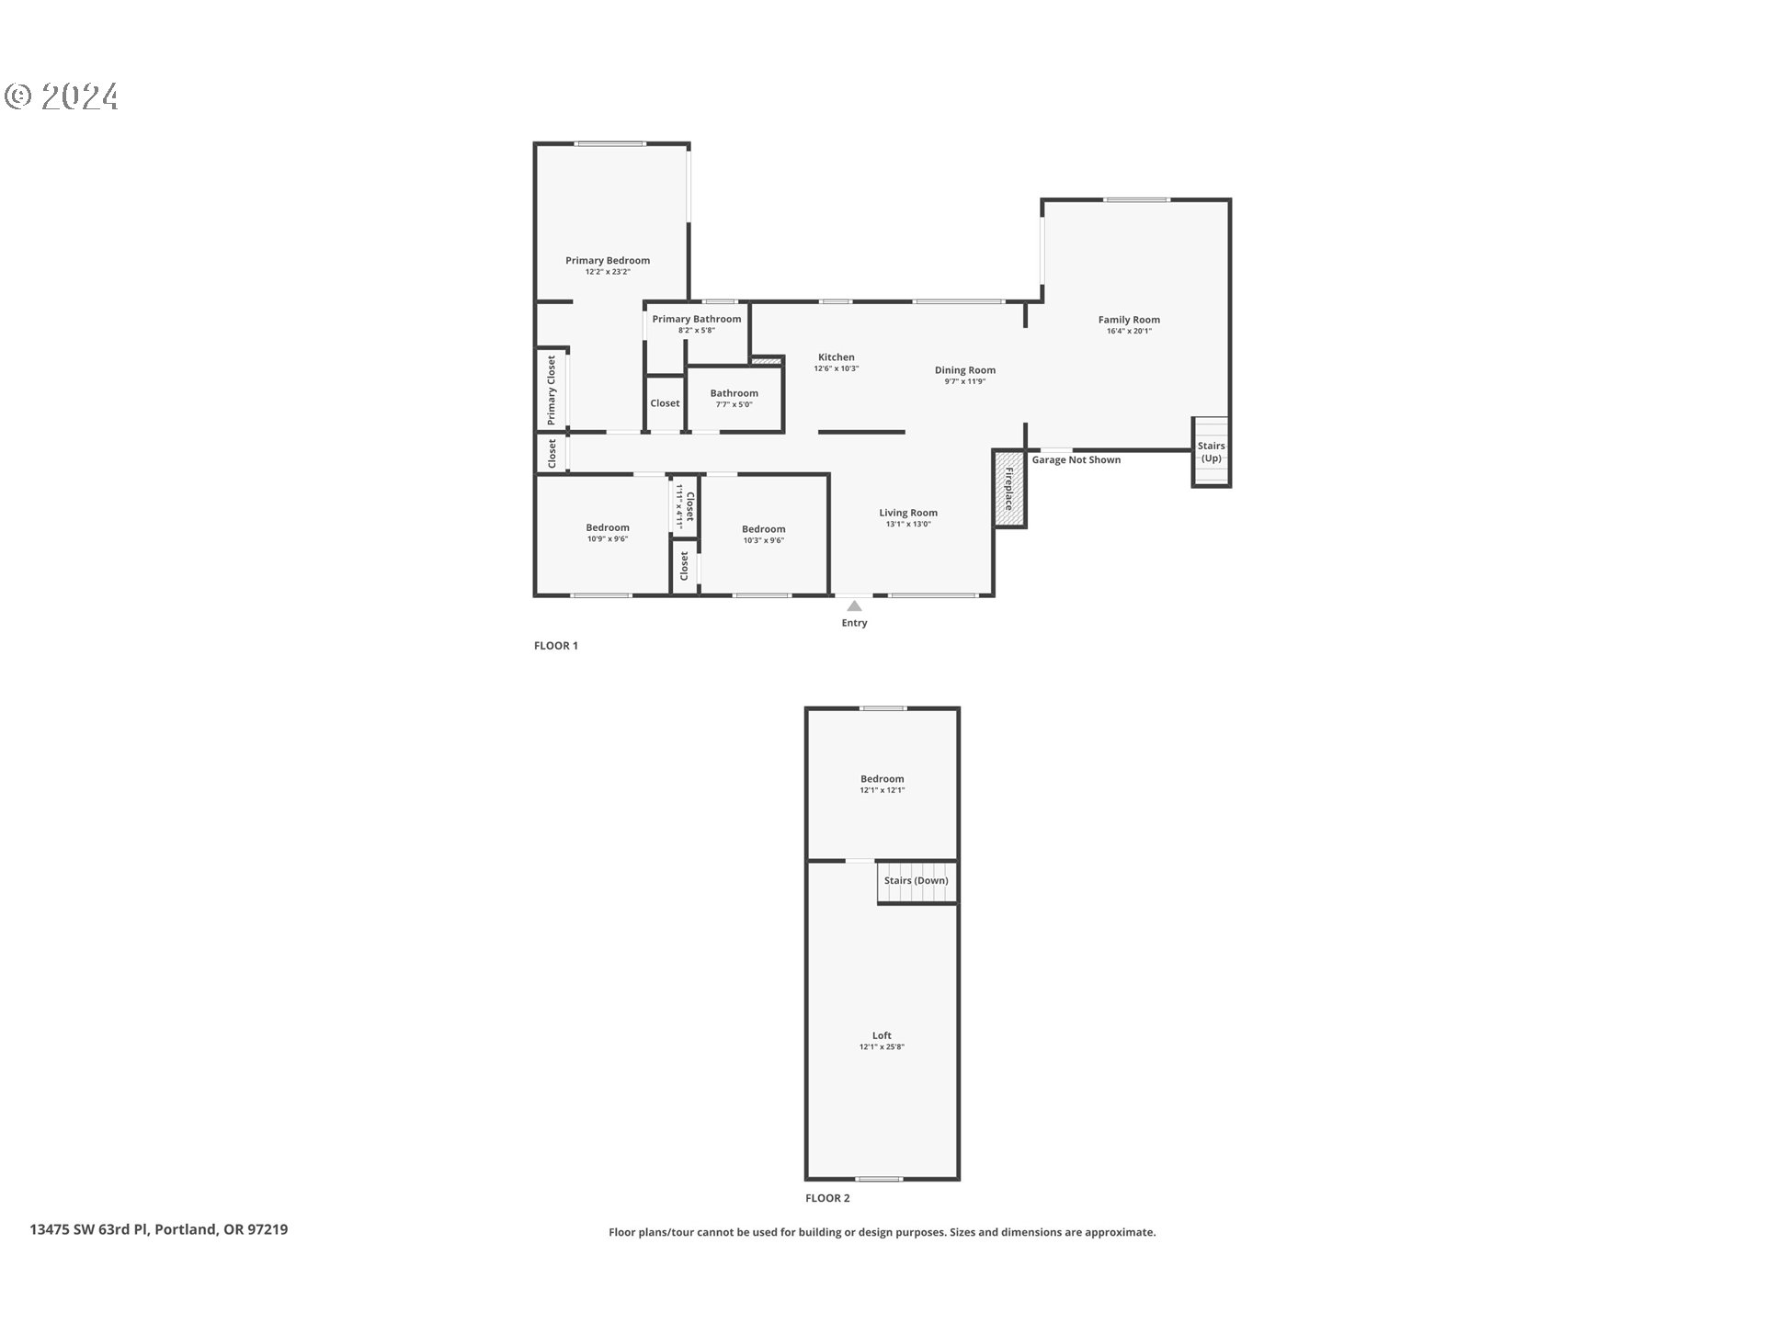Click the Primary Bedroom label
coord(607,260)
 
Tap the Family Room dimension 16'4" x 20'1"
coord(1129,332)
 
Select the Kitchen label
coord(836,357)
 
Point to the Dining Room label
coord(964,370)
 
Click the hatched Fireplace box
coord(1008,489)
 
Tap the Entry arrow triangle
coord(854,606)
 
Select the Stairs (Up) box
coord(1211,451)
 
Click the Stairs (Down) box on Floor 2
coord(916,880)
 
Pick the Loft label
coord(882,1035)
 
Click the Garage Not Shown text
coord(1076,460)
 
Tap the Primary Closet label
coord(552,390)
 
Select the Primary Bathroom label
coord(696,319)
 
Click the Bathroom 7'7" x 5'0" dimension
coord(734,405)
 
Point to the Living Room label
coord(907,513)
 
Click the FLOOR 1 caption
coord(555,646)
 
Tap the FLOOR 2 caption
coord(827,1198)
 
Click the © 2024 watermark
coord(62,96)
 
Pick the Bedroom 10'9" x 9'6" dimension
coord(607,539)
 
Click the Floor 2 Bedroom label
coord(882,778)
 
